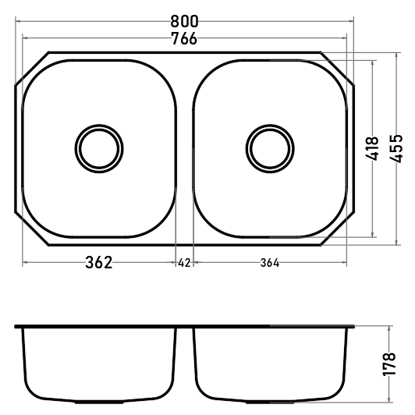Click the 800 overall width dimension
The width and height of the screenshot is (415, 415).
click(184, 21)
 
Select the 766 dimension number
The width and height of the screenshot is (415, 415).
click(184, 39)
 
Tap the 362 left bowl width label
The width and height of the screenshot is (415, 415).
click(99, 263)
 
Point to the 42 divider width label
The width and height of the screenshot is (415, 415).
click(184, 263)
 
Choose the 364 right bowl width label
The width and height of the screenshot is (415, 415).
click(270, 263)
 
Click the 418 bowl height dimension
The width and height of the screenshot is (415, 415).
click(372, 148)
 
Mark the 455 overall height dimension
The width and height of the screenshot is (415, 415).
click(396, 149)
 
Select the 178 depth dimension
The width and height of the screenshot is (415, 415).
click(389, 364)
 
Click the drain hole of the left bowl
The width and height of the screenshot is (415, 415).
click(99, 149)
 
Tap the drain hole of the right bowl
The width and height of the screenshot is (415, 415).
click(270, 149)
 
